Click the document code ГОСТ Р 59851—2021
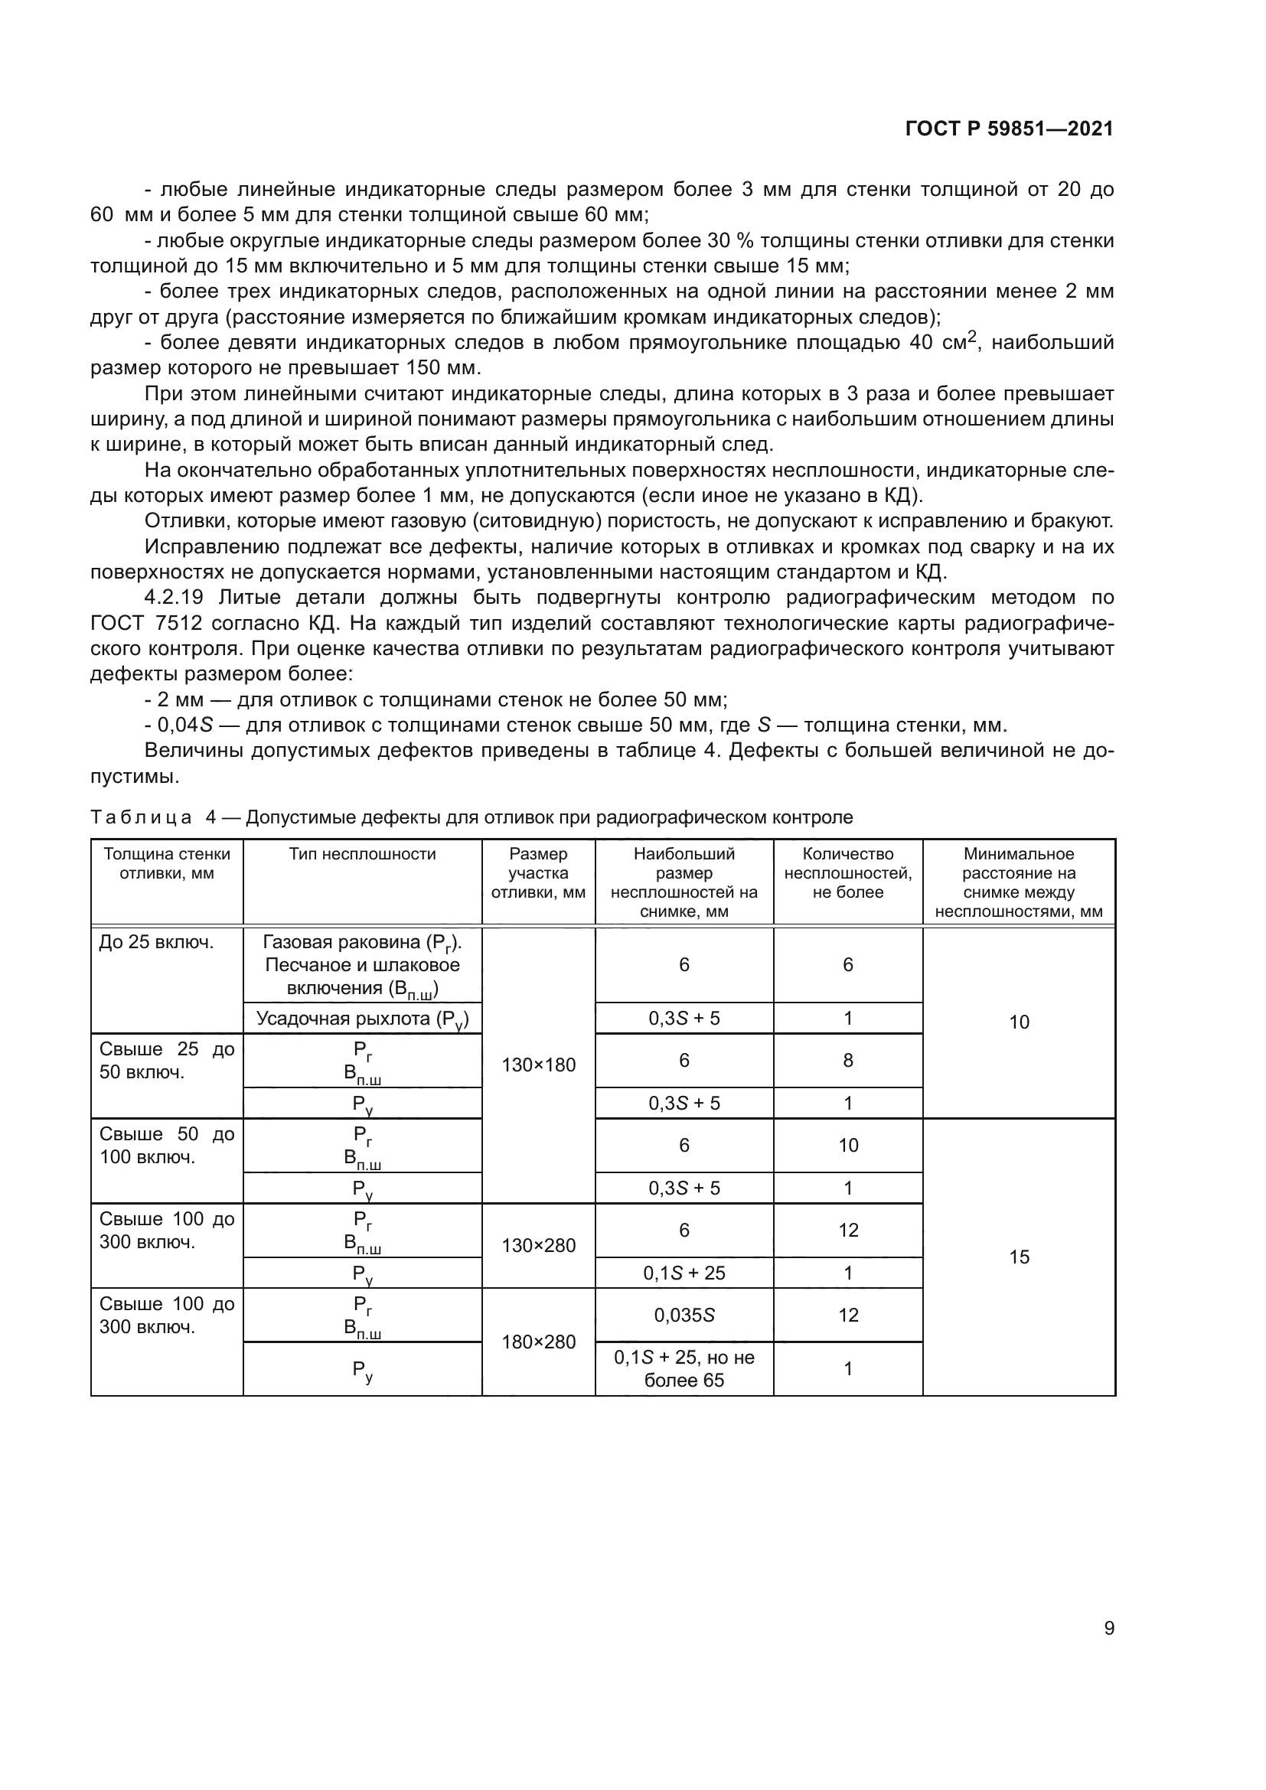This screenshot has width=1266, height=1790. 1009,129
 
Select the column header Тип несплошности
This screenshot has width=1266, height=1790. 362,854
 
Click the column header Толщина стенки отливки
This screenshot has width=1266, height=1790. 166,863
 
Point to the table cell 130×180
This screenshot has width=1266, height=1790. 538,1065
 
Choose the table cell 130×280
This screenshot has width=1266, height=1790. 538,1245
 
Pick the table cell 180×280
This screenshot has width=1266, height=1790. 538,1342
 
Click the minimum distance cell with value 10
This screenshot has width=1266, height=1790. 1019,1022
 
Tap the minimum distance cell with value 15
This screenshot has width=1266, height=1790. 1019,1257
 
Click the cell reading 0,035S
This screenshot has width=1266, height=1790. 684,1315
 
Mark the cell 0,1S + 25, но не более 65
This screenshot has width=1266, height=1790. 684,1368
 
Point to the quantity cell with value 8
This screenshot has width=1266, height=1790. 847,1060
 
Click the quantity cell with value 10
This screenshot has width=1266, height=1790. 847,1146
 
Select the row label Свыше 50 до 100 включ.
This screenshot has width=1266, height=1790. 166,1146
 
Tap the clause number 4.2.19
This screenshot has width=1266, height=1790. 173,598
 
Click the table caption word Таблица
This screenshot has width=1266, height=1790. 141,817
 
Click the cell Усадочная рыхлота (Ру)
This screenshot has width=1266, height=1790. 362,1019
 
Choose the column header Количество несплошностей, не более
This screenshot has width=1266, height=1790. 847,872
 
